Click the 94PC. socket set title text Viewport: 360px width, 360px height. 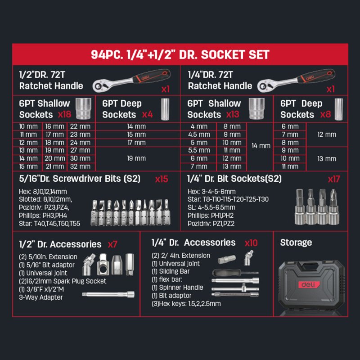pos(180,54)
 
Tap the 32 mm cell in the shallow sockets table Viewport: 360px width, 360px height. pos(81,166)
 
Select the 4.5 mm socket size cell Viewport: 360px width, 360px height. pos(199,135)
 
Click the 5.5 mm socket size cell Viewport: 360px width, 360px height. pos(199,150)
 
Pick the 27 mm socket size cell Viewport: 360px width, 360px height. pos(81,150)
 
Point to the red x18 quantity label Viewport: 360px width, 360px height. pos(64,114)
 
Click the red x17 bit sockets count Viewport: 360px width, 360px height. pos(334,179)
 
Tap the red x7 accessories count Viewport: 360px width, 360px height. pos(112,244)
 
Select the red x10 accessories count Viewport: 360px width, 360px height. pos(251,243)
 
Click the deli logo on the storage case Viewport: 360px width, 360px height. pos(309,285)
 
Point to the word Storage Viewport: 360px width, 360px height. pos(296,243)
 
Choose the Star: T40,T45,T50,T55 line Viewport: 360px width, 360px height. pos(49,224)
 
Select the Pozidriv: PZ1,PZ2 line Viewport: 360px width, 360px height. pos(211,224)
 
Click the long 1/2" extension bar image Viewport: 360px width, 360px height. pos(108,294)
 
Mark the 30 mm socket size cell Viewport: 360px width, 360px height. pos(81,158)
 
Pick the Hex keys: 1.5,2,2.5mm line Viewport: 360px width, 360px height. pos(186,304)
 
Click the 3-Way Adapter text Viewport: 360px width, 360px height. pos(41,297)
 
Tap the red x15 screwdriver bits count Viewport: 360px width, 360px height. pos(162,179)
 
